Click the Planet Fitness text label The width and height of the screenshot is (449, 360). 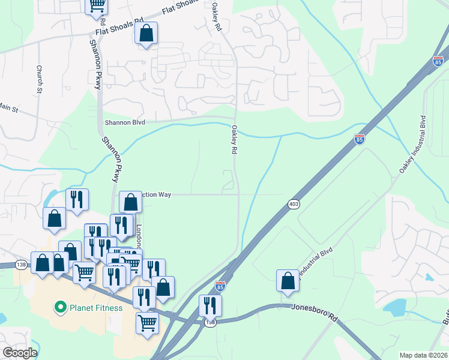[x=95, y=308]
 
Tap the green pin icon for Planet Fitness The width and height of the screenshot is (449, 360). [x=60, y=308]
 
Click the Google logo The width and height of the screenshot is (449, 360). [x=19, y=353]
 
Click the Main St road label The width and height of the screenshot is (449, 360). [x=8, y=108]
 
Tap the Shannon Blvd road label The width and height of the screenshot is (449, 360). [x=125, y=121]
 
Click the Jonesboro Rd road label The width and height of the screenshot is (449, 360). [x=315, y=313]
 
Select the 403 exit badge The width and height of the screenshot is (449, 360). [x=294, y=205]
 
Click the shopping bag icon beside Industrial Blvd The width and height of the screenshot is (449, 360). [x=288, y=281]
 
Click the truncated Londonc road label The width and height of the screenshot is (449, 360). [x=139, y=236]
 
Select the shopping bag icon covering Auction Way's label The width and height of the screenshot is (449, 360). [x=130, y=202]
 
